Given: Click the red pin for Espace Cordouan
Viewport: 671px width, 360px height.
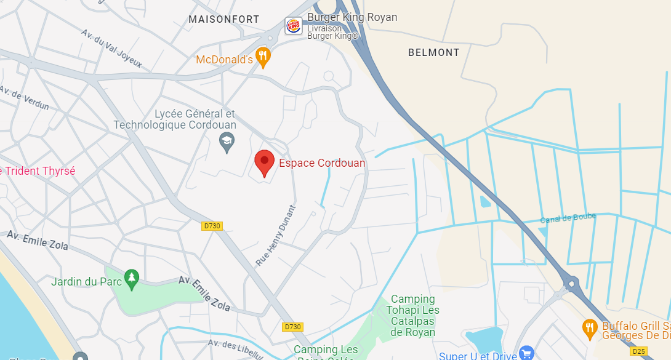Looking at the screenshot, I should pyautogui.click(x=264, y=162).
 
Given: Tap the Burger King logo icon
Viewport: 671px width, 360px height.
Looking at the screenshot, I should pyautogui.click(x=294, y=26).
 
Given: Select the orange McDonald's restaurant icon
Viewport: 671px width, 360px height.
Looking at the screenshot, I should pyautogui.click(x=263, y=57).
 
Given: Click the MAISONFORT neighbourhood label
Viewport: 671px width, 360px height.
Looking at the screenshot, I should pyautogui.click(x=224, y=20).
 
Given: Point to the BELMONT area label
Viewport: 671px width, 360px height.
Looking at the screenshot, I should pyautogui.click(x=434, y=53).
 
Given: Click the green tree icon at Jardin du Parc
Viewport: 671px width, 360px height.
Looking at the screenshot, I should pyautogui.click(x=131, y=279).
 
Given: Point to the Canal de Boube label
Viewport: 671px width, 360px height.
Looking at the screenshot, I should pyautogui.click(x=568, y=218).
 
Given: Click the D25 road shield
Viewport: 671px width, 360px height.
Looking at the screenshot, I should pyautogui.click(x=639, y=351).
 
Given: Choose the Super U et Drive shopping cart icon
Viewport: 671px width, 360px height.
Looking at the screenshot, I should pyautogui.click(x=526, y=353).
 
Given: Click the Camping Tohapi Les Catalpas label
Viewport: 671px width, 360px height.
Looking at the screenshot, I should pyautogui.click(x=412, y=316).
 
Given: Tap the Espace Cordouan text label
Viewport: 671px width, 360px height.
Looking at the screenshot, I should pyautogui.click(x=322, y=163).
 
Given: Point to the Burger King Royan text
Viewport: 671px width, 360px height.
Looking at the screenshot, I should pyautogui.click(x=352, y=17).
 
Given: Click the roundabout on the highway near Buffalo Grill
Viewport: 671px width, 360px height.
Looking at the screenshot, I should pyautogui.click(x=571, y=284).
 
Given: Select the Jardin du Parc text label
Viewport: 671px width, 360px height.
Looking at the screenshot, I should pyautogui.click(x=83, y=282).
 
